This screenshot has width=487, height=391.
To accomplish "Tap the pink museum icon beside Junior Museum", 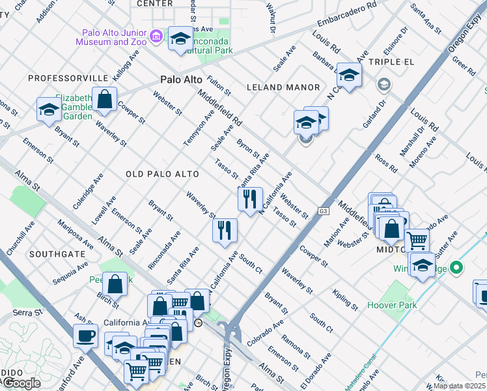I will (x=156, y=36).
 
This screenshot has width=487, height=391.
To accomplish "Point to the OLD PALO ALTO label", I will (x=157, y=174).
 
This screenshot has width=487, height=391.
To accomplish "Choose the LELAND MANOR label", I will (x=283, y=87).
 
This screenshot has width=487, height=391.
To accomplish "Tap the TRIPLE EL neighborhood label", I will (x=391, y=62).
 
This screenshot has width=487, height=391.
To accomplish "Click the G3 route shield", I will (x=323, y=211).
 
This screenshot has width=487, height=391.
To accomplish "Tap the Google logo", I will (x=21, y=383).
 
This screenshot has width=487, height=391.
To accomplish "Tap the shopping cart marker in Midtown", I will (x=417, y=240).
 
